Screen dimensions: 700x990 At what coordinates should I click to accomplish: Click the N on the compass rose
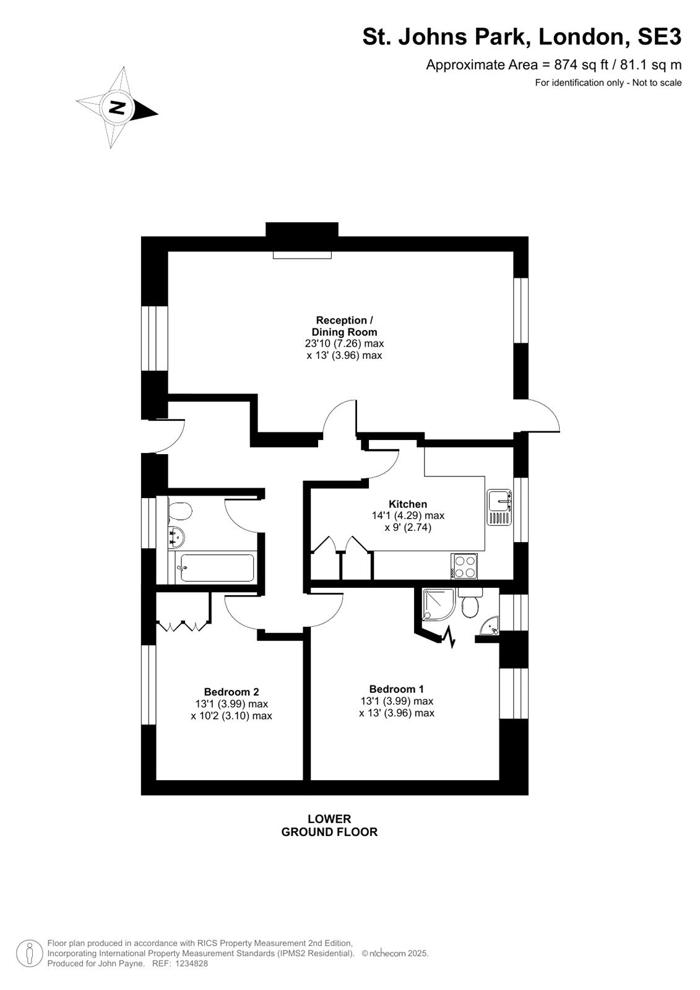(116, 108)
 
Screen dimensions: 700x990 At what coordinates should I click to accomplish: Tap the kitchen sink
(499, 507)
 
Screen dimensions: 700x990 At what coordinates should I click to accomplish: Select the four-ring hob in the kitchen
(464, 566)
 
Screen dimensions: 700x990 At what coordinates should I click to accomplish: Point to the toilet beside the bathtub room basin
(179, 512)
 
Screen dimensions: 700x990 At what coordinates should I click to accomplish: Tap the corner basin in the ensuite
(490, 626)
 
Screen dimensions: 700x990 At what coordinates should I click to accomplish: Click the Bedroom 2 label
(231, 692)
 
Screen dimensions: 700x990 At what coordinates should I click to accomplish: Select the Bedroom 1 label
(397, 689)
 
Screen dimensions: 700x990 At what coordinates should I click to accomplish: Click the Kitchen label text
(408, 504)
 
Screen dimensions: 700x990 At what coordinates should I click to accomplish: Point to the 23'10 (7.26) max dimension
(345, 343)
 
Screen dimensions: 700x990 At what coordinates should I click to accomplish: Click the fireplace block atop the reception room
(302, 230)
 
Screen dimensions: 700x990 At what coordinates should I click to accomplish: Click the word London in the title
(583, 37)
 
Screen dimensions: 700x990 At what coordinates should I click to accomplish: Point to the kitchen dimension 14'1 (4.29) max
(408, 515)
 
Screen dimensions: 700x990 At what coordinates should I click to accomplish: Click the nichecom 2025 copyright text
(395, 953)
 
